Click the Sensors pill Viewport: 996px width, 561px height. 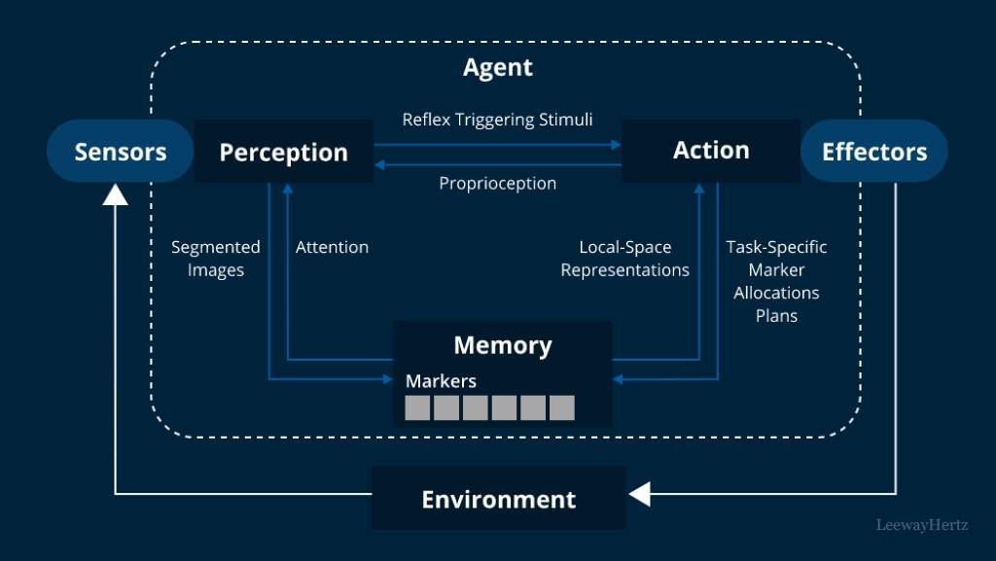coord(121,152)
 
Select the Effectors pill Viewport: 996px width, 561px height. coord(873,152)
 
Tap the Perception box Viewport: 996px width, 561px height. coord(283,152)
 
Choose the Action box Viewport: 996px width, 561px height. coord(711,150)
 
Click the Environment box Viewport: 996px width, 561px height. coord(498,499)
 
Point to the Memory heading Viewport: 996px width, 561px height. coord(502,345)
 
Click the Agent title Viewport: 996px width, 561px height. coord(497,67)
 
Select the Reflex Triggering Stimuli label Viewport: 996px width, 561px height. coord(497,120)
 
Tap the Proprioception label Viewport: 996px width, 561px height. coord(497,183)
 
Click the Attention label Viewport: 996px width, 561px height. coord(332,247)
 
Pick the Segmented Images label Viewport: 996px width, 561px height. coord(216,259)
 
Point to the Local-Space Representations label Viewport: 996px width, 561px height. coord(624,259)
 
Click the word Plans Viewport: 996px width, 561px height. coord(776,315)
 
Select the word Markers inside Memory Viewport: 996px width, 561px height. coord(441,380)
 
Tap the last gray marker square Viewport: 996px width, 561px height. coord(562,407)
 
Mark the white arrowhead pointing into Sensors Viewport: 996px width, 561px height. coord(115,193)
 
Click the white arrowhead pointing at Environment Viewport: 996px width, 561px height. coord(639,495)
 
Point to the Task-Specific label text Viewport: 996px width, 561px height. coord(776,247)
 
